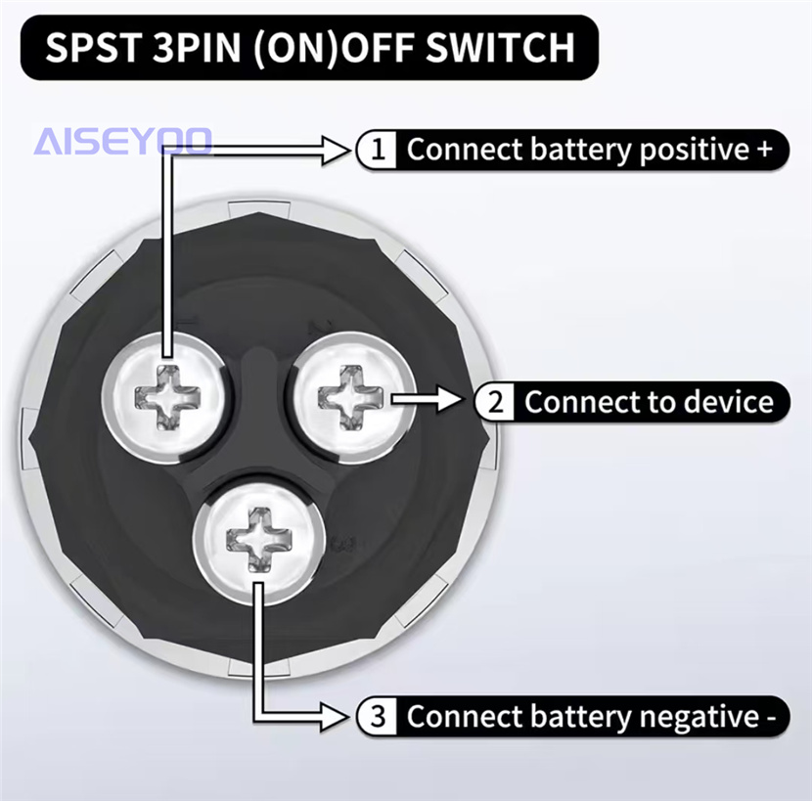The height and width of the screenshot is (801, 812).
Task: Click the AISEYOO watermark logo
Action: point(123,141)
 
